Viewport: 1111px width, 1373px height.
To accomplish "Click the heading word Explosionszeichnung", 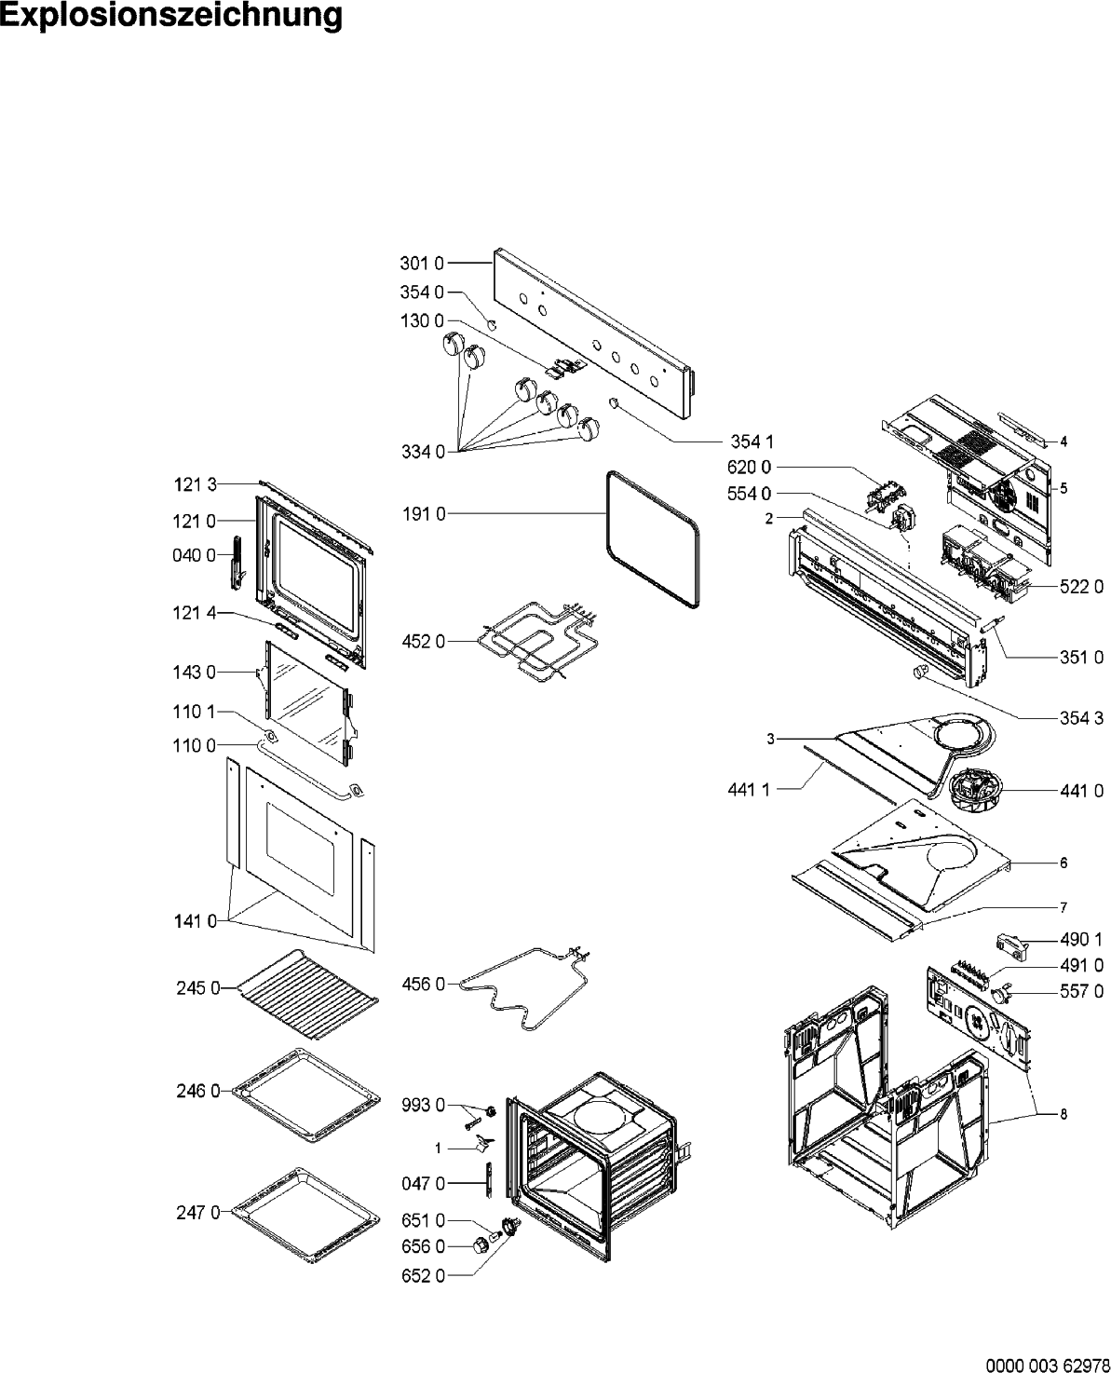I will click(x=171, y=18).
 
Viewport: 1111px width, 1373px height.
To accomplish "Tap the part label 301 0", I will click(x=423, y=264).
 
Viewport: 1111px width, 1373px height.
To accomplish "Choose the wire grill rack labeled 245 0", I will click(x=307, y=990).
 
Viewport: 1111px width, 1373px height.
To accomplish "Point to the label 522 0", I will click(x=1081, y=586).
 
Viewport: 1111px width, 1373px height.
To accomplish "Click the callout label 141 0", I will click(x=195, y=921).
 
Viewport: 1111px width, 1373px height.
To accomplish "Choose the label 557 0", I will click(x=1081, y=991).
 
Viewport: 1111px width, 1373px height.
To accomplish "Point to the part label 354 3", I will click(x=1081, y=717).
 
